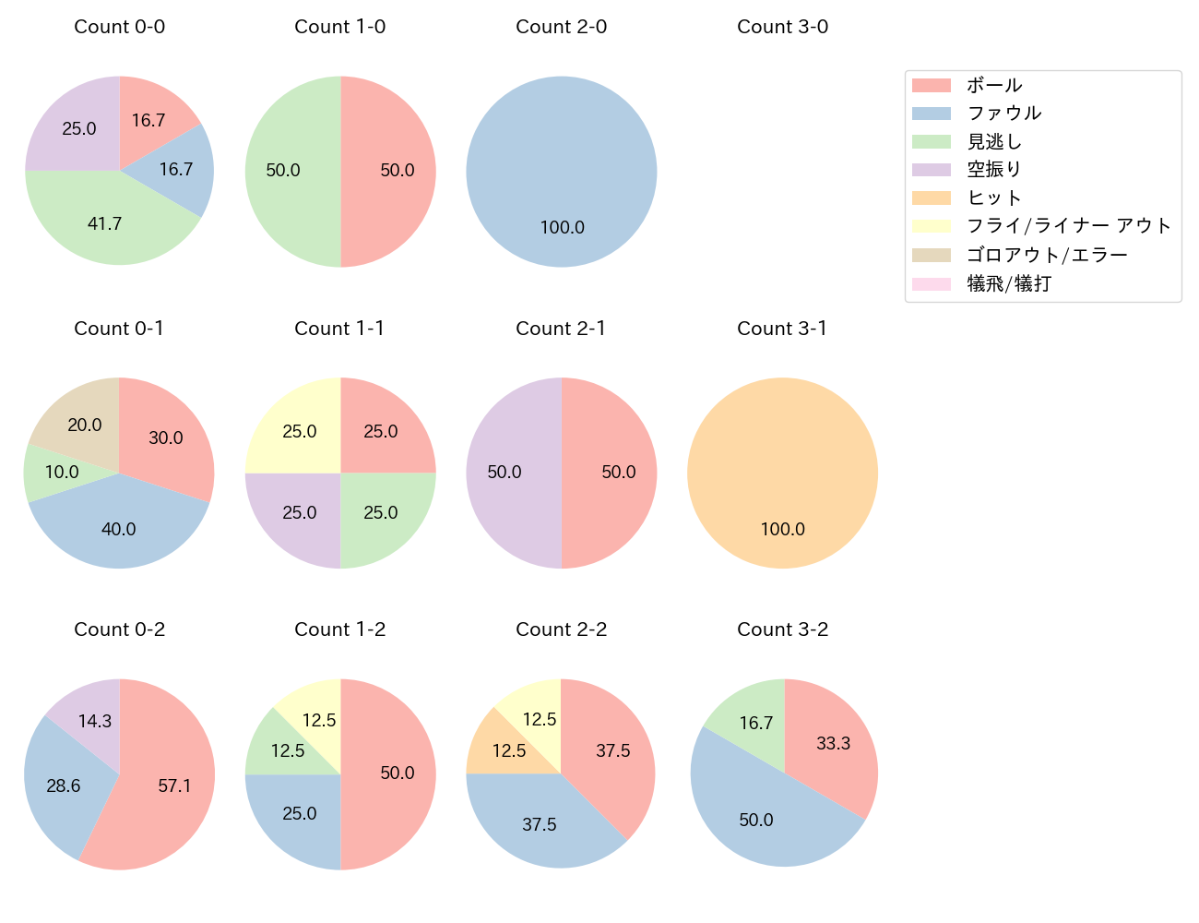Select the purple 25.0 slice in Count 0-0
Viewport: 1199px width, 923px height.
78,129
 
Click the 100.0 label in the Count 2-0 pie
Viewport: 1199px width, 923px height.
562,228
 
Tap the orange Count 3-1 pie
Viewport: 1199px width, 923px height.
782,473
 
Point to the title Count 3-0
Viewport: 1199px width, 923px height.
782,27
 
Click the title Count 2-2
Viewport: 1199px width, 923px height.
561,629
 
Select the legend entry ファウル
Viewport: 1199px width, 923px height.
1003,114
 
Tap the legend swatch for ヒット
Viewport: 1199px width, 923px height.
931,198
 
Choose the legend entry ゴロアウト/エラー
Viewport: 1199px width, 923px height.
1046,255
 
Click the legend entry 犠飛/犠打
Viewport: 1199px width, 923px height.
1008,283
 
